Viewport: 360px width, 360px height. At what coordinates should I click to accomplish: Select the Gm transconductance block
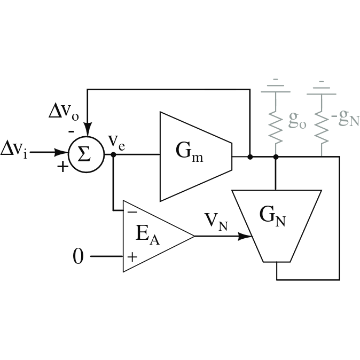(x=193, y=156)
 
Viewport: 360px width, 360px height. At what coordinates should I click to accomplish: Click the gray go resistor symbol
(x=276, y=125)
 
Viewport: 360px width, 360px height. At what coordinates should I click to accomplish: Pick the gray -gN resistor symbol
(x=321, y=125)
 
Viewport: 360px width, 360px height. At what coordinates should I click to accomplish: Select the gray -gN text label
(x=345, y=119)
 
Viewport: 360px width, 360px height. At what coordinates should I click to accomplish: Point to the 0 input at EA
(x=78, y=257)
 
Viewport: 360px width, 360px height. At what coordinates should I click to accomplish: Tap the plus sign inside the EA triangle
(x=132, y=257)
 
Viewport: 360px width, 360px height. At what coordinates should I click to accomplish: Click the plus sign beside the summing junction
(x=63, y=167)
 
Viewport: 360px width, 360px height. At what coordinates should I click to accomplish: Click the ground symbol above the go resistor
(x=276, y=86)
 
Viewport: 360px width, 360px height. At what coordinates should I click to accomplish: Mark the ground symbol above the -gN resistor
(x=321, y=86)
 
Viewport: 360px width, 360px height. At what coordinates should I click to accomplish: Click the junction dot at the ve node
(x=113, y=154)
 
